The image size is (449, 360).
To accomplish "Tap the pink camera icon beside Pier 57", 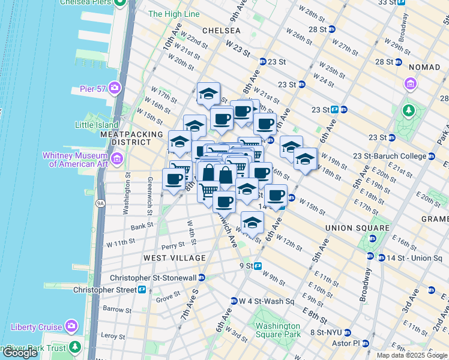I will point(115,88).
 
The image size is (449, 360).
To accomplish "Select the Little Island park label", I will point(96,125).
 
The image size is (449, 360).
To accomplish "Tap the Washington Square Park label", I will point(278,330).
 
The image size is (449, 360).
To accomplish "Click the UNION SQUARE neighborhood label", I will point(357,228).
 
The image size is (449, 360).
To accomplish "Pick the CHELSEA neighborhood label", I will point(221,30).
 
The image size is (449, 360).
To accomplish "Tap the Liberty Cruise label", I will point(36,327).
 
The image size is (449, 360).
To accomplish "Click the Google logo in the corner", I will point(20,353).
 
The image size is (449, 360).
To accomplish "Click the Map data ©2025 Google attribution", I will point(412,355).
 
